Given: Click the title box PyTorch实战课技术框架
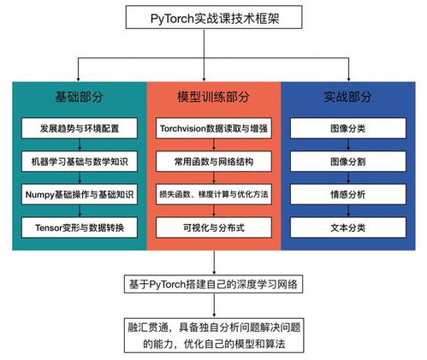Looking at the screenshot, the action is pyautogui.click(x=214, y=17).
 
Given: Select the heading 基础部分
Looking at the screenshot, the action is pyautogui.click(x=79, y=97).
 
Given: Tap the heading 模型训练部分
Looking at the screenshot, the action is pyautogui.click(x=213, y=97).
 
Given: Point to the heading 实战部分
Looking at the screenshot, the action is pyautogui.click(x=347, y=97).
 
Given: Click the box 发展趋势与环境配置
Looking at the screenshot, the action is pyautogui.click(x=80, y=128).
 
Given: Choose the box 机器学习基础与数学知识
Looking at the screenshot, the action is pyautogui.click(x=80, y=162).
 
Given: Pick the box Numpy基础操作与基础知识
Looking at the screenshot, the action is pyautogui.click(x=80, y=194).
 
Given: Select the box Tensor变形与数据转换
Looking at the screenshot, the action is pyautogui.click(x=80, y=227).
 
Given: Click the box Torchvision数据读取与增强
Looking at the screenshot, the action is pyautogui.click(x=214, y=128).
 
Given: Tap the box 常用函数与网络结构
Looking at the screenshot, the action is pyautogui.click(x=214, y=162).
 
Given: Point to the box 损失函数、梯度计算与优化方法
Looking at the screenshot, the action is pyautogui.click(x=214, y=194).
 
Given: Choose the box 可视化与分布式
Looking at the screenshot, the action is pyautogui.click(x=214, y=227).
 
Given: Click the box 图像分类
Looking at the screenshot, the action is pyautogui.click(x=348, y=128).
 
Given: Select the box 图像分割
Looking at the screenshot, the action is pyautogui.click(x=348, y=162).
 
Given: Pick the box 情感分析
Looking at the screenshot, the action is pyautogui.click(x=348, y=194).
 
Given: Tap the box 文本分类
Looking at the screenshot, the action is pyautogui.click(x=348, y=227).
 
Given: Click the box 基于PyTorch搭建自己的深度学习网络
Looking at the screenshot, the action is pyautogui.click(x=213, y=284).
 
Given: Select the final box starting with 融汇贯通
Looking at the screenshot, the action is pyautogui.click(x=214, y=335).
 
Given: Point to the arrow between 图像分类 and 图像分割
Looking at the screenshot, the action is pyautogui.click(x=348, y=145).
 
